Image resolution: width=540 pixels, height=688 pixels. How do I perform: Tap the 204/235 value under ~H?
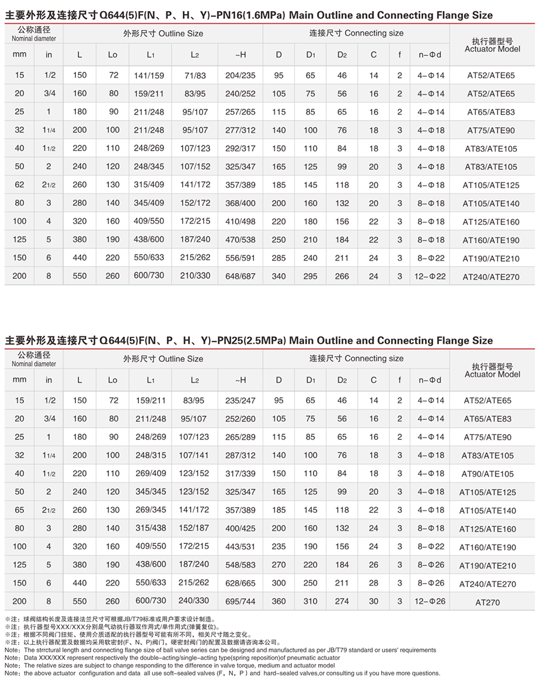(x=241, y=75)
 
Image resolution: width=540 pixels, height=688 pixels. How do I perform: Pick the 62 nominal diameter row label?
(x=20, y=185)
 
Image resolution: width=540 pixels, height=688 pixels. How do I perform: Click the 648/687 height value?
(x=241, y=276)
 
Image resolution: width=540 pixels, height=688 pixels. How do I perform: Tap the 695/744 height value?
(x=241, y=601)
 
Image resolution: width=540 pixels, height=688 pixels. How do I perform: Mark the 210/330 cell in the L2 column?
(x=194, y=276)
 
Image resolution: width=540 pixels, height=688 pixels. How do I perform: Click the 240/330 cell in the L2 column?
(x=194, y=601)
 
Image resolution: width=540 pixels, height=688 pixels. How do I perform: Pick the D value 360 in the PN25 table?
(x=279, y=601)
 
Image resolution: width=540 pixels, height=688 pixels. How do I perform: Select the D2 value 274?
(x=342, y=601)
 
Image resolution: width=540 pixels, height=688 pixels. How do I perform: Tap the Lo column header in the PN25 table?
(x=113, y=380)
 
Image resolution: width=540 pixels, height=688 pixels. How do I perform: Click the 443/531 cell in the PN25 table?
(x=241, y=547)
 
